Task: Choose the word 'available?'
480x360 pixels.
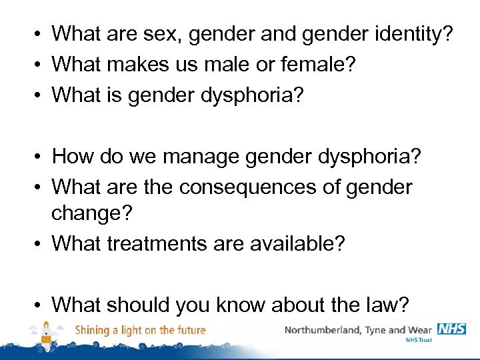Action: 297,243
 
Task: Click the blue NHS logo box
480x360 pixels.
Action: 451,329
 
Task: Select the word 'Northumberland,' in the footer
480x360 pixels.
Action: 323,330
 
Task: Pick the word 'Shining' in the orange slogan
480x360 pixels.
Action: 93,330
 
